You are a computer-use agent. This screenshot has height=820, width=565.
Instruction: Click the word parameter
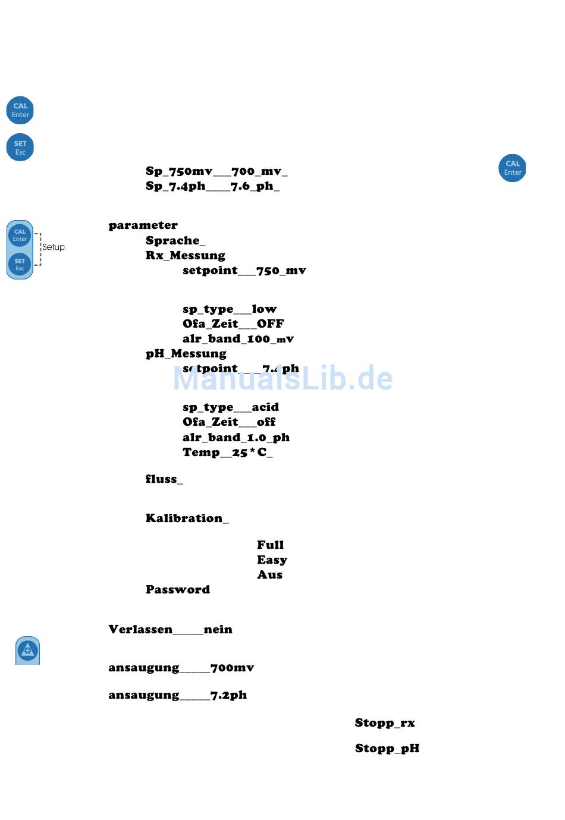[143, 225]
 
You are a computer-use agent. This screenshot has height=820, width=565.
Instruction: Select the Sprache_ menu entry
[175, 240]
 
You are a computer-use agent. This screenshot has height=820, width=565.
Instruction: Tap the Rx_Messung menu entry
[185, 255]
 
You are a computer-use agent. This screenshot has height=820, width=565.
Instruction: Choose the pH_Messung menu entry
[186, 354]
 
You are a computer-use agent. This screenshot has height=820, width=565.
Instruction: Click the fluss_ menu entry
[164, 479]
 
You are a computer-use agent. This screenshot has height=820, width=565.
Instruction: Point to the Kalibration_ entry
[187, 518]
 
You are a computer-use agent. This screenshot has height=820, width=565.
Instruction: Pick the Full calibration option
[270, 545]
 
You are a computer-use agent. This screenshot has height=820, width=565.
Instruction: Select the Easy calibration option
[272, 560]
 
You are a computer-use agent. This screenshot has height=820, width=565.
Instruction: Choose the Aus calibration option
[269, 574]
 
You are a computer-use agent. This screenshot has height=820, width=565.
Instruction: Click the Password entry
[177, 589]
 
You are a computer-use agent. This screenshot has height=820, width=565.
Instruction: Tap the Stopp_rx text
[385, 722]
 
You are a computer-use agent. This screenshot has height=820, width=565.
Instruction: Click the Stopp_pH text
[387, 748]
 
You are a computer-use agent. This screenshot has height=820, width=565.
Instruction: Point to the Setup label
[53, 247]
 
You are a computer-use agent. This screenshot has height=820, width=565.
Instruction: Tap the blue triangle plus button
[27, 651]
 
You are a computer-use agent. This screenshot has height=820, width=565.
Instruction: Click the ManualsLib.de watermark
[282, 379]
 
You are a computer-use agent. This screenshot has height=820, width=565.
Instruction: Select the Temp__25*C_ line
[227, 452]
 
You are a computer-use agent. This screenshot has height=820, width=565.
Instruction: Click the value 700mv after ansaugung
[232, 668]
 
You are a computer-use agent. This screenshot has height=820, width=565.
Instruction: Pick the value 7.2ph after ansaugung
[228, 695]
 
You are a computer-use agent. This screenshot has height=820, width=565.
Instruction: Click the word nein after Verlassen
[218, 629]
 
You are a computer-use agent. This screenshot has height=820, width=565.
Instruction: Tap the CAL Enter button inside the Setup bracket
[20, 235]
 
